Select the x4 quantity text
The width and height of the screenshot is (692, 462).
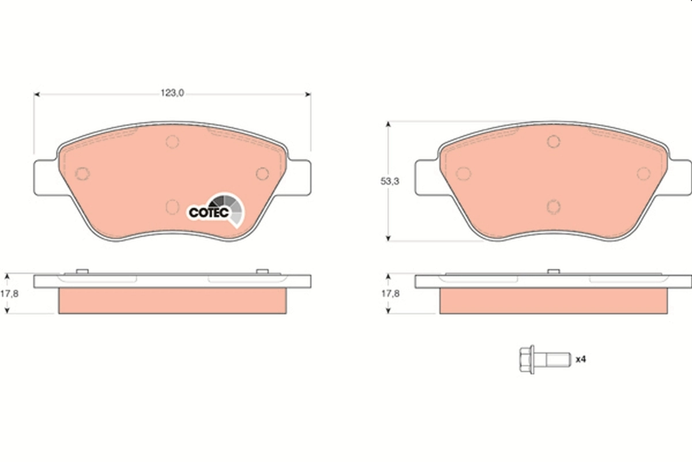click(x=581, y=359)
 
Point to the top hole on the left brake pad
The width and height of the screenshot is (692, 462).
click(x=172, y=141)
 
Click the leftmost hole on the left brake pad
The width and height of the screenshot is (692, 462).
click(x=82, y=173)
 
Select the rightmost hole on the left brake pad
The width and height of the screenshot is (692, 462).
click(x=262, y=173)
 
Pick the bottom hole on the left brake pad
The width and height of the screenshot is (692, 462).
click(x=172, y=206)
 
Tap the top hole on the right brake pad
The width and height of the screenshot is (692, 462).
click(x=554, y=141)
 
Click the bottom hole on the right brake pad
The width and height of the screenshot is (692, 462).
click(x=554, y=206)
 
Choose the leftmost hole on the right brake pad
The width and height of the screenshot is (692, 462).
click(x=464, y=173)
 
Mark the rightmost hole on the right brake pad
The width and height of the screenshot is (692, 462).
click(x=644, y=173)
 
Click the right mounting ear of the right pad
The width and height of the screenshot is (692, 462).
click(x=679, y=177)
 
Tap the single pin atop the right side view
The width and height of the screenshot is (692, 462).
click(x=554, y=271)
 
